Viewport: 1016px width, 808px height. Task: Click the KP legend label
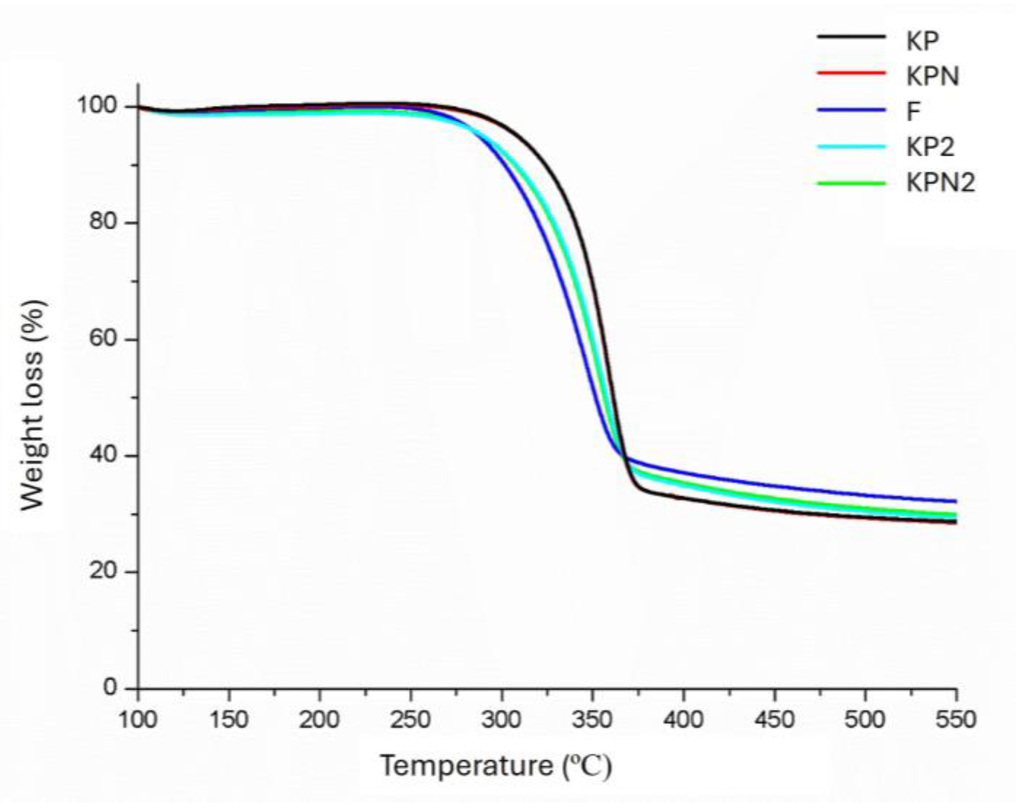pyautogui.click(x=922, y=41)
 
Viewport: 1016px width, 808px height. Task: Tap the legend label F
pyautogui.click(x=913, y=111)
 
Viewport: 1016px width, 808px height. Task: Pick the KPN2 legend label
pyautogui.click(x=940, y=183)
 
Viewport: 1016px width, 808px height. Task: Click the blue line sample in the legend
pyautogui.click(x=851, y=111)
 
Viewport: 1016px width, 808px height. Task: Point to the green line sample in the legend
pyautogui.click(x=851, y=183)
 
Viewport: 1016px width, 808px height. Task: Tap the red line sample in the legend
pyautogui.click(x=851, y=74)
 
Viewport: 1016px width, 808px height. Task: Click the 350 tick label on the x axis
pyautogui.click(x=592, y=720)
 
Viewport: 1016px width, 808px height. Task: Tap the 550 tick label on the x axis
pyautogui.click(x=955, y=720)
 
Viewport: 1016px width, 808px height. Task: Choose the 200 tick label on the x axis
pyautogui.click(x=319, y=720)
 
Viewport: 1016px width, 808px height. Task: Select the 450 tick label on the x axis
pyautogui.click(x=774, y=720)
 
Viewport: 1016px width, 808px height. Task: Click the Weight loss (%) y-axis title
pyautogui.click(x=33, y=406)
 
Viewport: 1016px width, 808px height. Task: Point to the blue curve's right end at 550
pyautogui.click(x=955, y=501)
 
